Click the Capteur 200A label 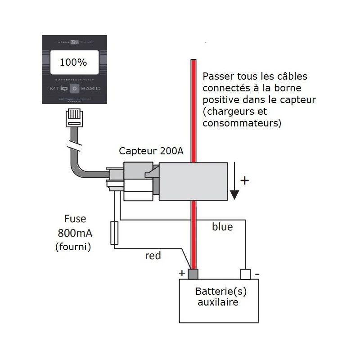point(151,151)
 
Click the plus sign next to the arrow point(244,181)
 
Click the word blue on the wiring point(222,227)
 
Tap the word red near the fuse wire point(153,256)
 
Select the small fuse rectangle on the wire point(114,233)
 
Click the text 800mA point(75,233)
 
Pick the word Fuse point(75,220)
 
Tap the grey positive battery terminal point(193,274)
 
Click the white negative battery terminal point(245,274)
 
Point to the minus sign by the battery point(257,273)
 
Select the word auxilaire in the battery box point(218,302)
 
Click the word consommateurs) point(242,123)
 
